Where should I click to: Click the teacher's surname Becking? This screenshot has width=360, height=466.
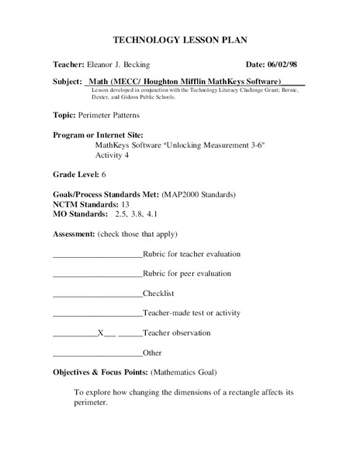(154, 64)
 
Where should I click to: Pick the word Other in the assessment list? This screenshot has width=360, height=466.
(152, 353)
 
